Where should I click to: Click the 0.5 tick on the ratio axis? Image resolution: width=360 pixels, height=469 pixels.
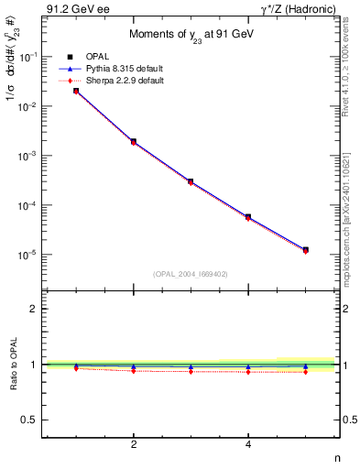tap(30, 420)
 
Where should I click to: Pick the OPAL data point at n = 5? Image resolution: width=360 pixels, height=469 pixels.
tap(305, 249)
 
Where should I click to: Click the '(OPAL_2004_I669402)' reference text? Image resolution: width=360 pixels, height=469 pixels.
tap(191, 274)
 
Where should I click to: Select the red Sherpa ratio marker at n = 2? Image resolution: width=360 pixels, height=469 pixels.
tap(134, 370)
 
